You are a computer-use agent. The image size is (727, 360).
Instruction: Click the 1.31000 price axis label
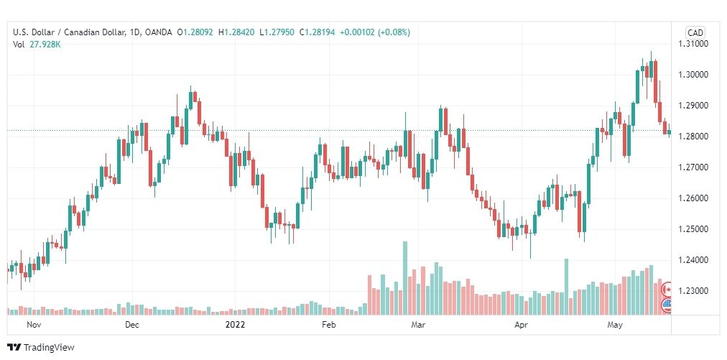[x=695, y=44]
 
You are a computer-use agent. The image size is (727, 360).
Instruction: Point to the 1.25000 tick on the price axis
[x=695, y=229]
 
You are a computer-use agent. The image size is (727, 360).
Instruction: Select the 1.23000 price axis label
[x=695, y=291]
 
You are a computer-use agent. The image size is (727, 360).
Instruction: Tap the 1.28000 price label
[x=695, y=137]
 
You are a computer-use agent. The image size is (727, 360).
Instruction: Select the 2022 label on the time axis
[x=235, y=325]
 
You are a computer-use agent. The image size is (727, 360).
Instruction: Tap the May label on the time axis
[x=615, y=325]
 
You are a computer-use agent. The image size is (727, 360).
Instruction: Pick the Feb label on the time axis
[x=329, y=325]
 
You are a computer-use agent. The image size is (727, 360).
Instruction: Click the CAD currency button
[x=695, y=32]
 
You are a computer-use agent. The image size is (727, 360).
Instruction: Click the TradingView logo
[x=41, y=348]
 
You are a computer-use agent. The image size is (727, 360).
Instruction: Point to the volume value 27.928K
[x=45, y=45]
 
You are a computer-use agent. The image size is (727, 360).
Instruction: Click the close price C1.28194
[x=317, y=32]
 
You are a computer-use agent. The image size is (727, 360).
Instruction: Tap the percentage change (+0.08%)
[x=394, y=32]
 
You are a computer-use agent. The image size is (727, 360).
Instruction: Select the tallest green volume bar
[x=404, y=278]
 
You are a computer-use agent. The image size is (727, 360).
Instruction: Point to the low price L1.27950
[x=277, y=32]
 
